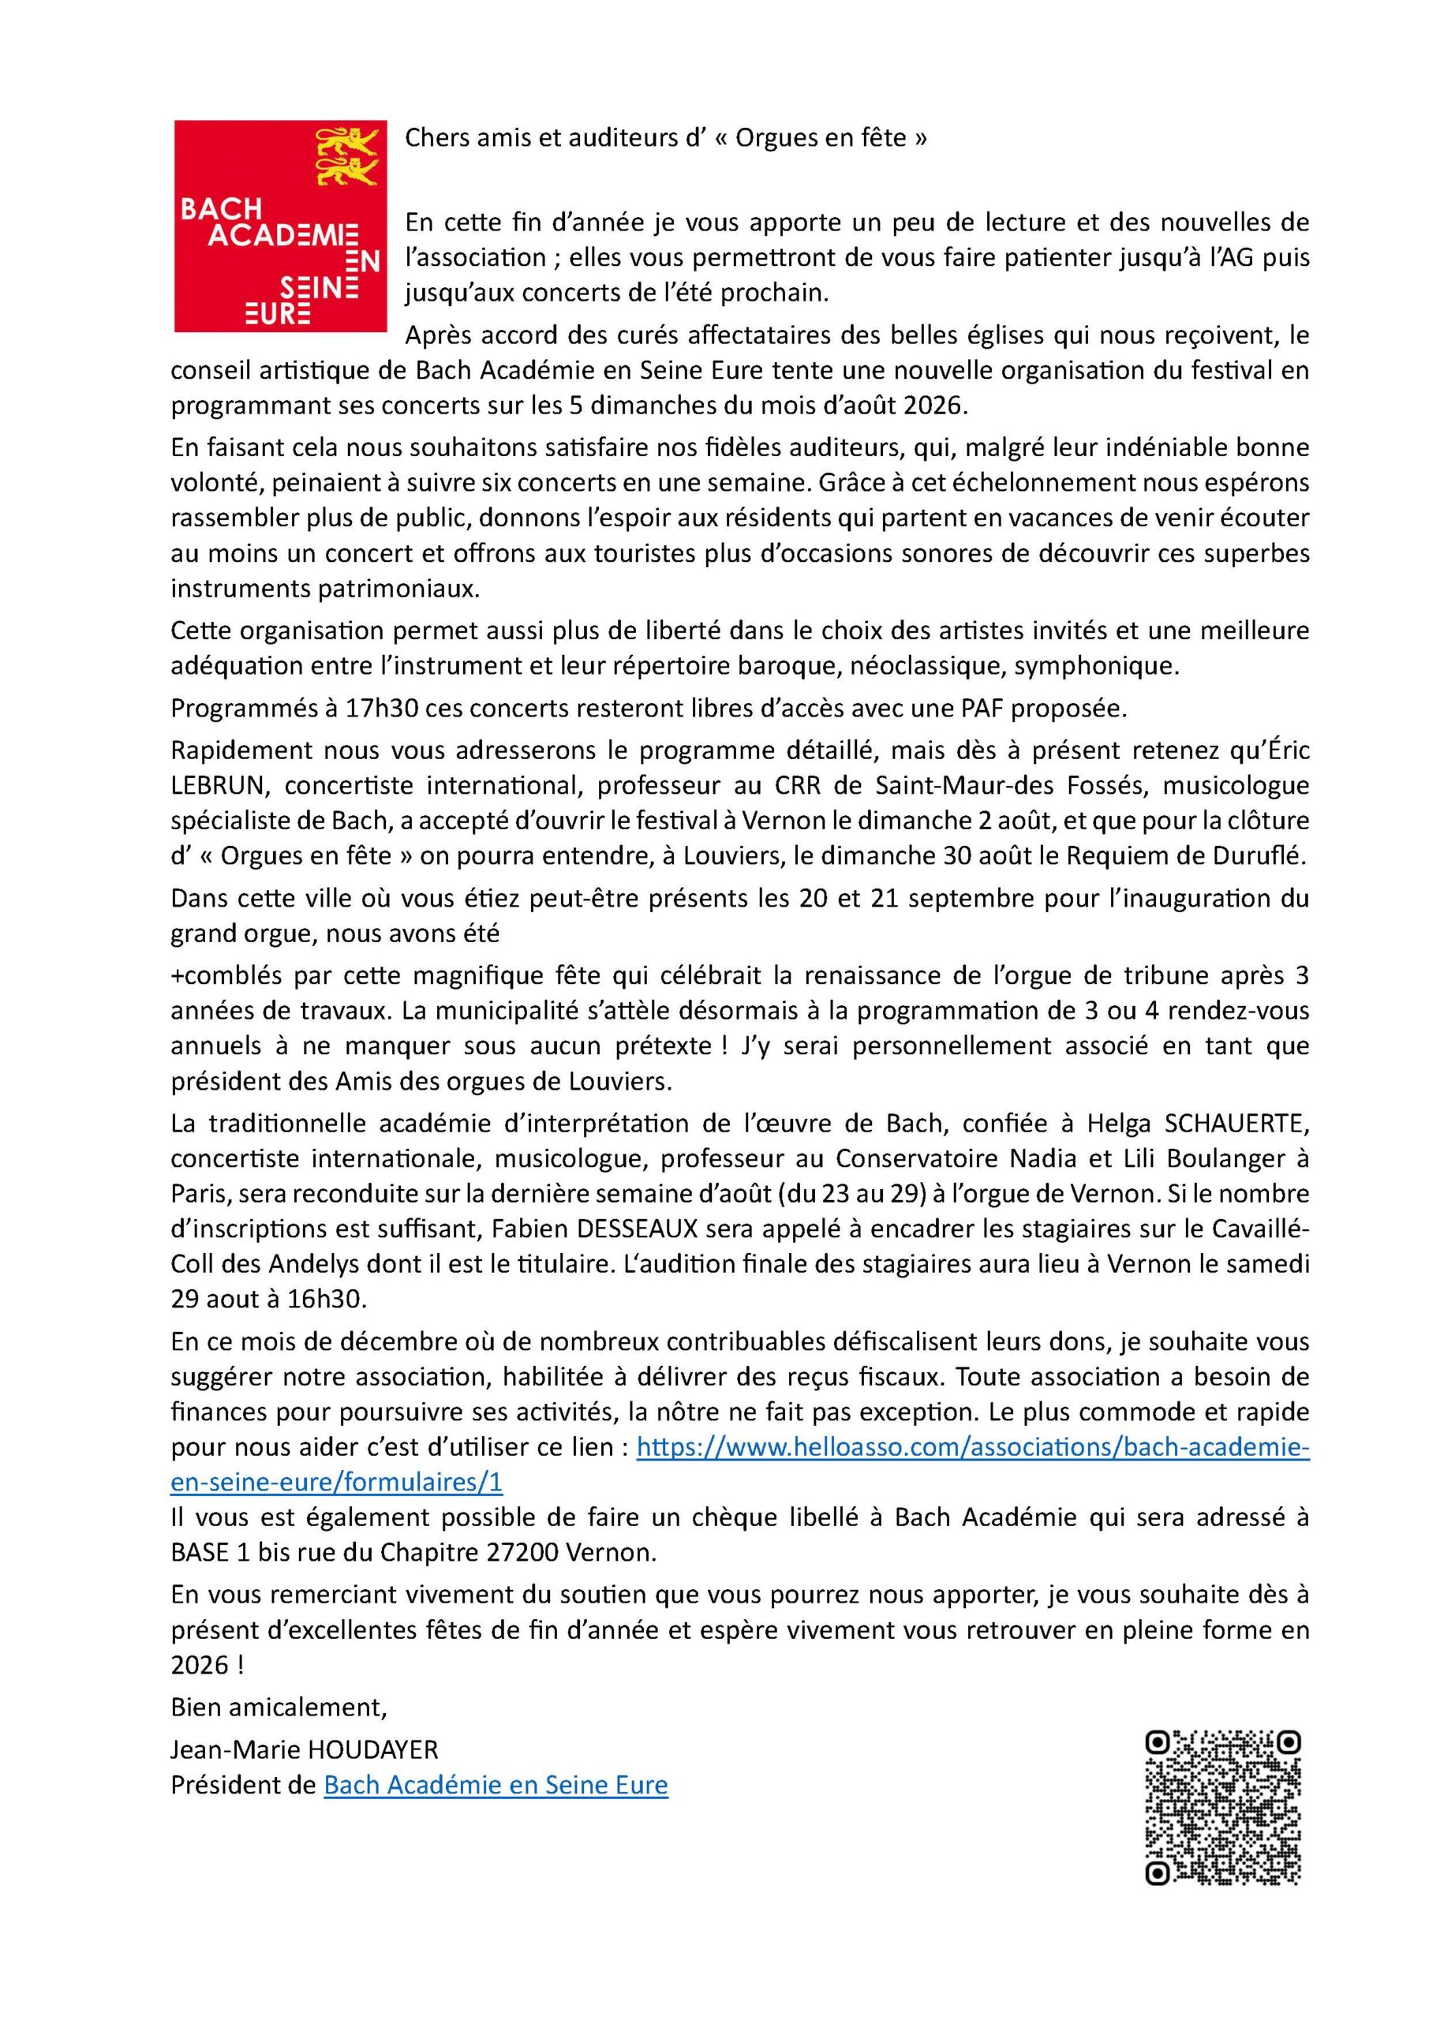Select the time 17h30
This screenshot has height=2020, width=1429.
click(x=361, y=709)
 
